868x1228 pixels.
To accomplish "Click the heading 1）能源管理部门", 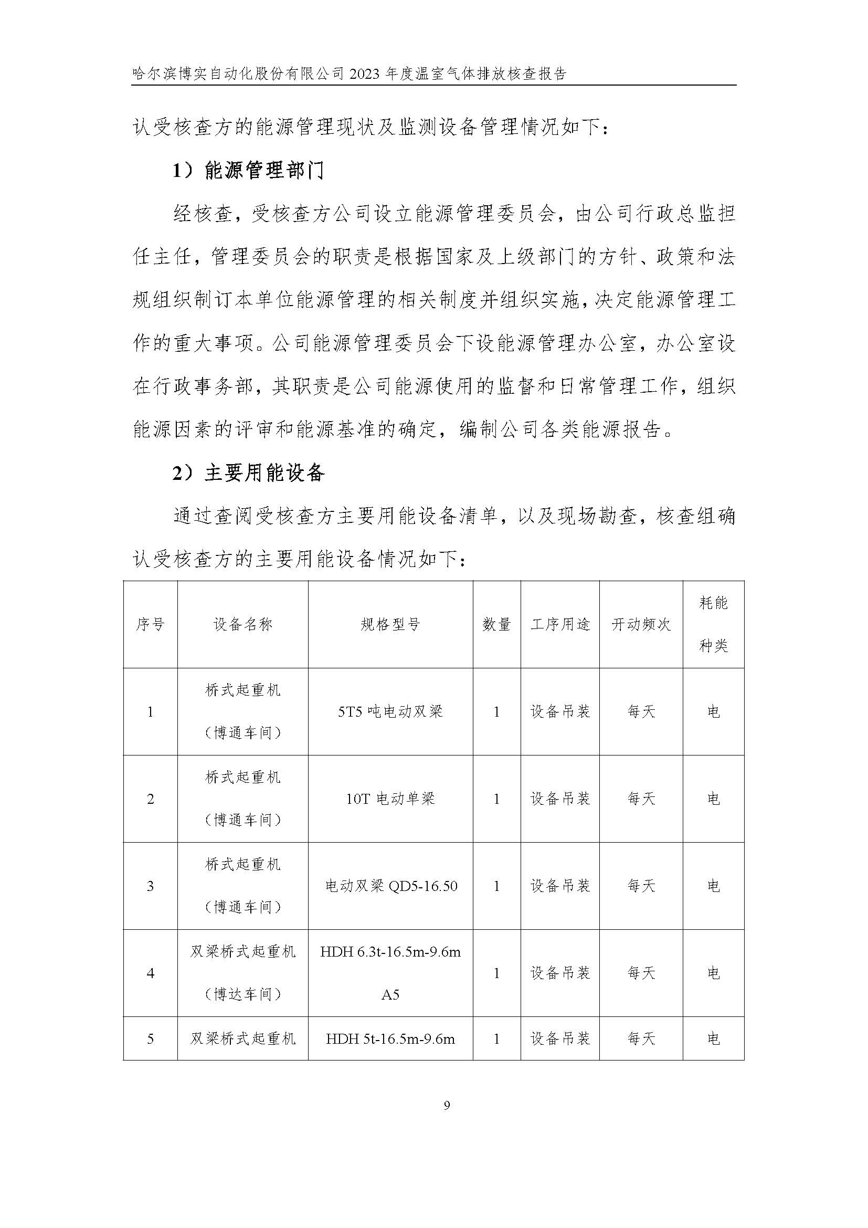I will (x=249, y=171).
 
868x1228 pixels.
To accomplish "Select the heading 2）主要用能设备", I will (x=249, y=473).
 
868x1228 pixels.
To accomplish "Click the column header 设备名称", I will (x=242, y=624).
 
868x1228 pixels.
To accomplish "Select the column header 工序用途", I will (x=559, y=624).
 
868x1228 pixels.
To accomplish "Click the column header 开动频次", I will (x=641, y=624).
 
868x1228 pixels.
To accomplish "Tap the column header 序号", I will (x=150, y=624).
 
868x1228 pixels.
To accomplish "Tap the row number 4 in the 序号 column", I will (x=150, y=973).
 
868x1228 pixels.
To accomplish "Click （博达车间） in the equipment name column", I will (x=242, y=995).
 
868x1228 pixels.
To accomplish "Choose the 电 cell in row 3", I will (x=713, y=886).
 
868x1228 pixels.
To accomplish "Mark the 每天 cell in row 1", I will (x=641, y=712).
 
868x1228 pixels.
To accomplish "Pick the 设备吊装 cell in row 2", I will (x=559, y=799).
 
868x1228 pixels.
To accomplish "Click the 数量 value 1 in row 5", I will (x=496, y=1038).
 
